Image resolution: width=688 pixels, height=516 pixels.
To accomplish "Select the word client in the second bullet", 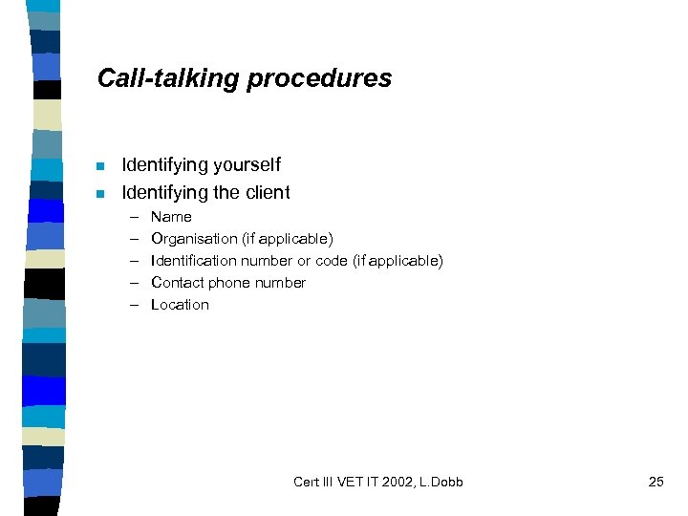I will [267, 192].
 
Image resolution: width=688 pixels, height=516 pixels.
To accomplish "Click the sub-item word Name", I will [171, 217].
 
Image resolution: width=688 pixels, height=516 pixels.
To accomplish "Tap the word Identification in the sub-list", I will [194, 261].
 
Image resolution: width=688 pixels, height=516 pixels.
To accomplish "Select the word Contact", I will [177, 283].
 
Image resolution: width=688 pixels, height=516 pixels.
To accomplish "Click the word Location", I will [180, 305].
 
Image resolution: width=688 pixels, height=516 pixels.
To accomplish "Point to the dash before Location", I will [135, 305].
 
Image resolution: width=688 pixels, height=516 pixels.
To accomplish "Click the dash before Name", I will [135, 217].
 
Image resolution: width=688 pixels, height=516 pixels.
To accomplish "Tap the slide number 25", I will [656, 482].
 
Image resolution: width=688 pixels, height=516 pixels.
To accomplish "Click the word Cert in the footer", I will [308, 482].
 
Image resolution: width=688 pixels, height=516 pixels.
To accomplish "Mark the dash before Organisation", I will [135, 239].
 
